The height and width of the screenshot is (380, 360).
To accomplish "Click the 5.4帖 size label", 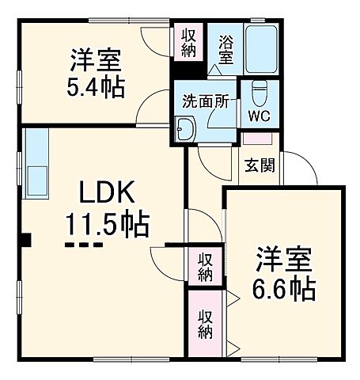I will click(94, 87).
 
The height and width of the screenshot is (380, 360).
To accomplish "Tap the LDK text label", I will click(106, 193).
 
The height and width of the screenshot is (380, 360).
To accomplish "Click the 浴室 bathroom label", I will click(225, 49).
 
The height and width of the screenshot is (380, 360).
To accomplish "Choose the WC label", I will click(259, 117).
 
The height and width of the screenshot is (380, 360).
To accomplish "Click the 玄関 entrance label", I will click(257, 166).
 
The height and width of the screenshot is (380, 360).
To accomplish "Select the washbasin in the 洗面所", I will click(187, 128).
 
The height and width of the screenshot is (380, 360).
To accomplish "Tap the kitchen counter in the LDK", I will click(36, 163).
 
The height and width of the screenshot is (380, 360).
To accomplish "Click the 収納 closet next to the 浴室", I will click(189, 42).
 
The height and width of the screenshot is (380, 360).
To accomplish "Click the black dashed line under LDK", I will click(84, 245).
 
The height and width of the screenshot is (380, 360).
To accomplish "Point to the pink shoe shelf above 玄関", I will click(256, 139).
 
